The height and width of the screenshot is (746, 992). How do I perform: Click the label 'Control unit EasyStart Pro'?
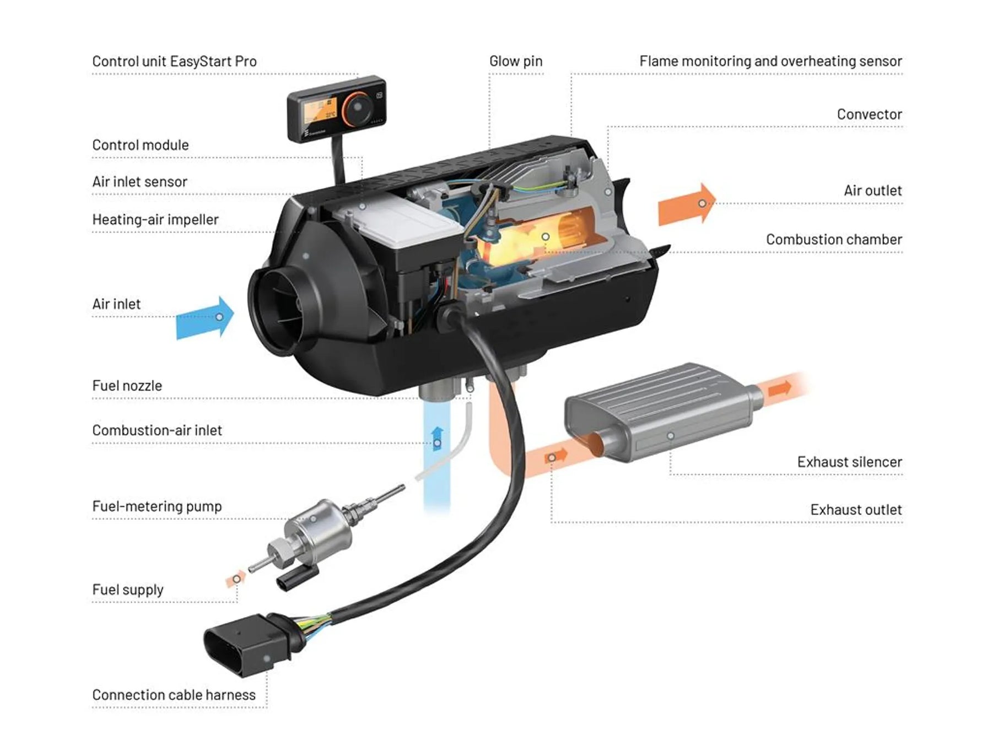[174, 61]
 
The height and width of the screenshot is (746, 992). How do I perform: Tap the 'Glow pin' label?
[515, 61]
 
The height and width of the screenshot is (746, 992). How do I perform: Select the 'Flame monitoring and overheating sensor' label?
[770, 61]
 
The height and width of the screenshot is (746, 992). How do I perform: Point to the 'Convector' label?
[869, 115]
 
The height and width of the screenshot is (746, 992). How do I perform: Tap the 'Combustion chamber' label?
[833, 240]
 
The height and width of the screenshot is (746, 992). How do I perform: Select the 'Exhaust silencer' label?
[849, 462]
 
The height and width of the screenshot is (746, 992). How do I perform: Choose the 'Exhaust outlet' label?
[856, 510]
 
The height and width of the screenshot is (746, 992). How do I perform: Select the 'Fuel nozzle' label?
[127, 386]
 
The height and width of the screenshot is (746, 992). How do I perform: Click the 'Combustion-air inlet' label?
[157, 430]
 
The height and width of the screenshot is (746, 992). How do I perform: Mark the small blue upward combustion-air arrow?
[437, 439]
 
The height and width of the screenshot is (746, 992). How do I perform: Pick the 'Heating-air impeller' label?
[155, 220]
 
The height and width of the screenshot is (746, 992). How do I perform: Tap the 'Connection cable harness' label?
[174, 695]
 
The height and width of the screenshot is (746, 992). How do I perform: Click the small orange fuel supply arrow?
[236, 579]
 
